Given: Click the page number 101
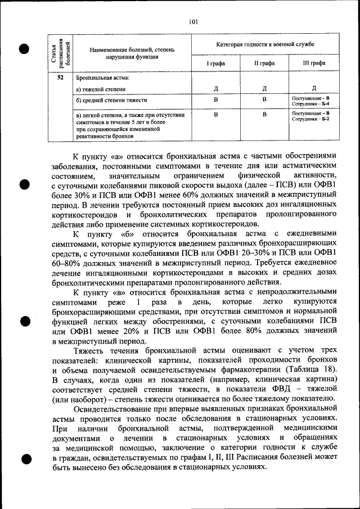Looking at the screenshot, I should tap(193, 22).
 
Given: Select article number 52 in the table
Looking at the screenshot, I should tap(60, 78).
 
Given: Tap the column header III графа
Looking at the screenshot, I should tap(314, 64).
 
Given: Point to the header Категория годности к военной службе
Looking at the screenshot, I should tap(265, 44).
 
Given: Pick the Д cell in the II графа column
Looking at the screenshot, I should tap(264, 88).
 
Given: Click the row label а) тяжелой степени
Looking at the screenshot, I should tap(101, 89).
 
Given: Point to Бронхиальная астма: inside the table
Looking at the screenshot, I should tap(102, 78).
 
